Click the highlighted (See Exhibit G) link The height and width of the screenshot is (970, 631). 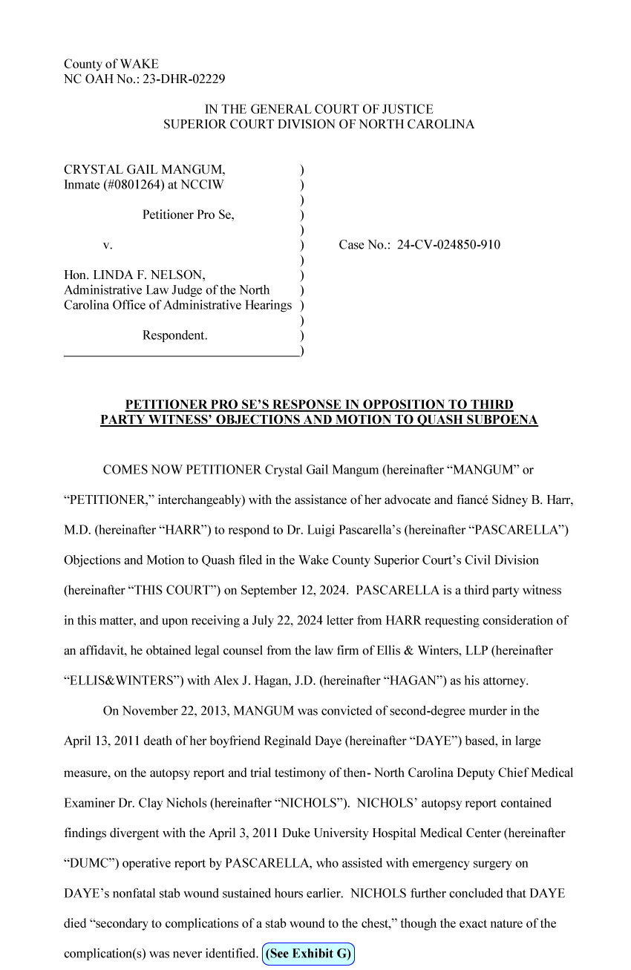click(x=308, y=954)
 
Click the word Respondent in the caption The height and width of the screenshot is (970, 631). click(x=174, y=335)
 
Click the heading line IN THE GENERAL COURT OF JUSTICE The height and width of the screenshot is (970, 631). click(x=318, y=109)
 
